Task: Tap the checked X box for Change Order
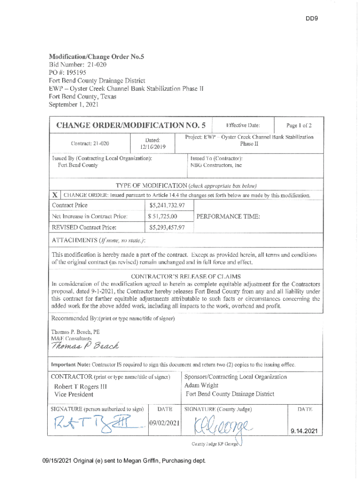pos(55,195)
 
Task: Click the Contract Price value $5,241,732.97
pos(167,205)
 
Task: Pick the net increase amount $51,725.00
pos(163,217)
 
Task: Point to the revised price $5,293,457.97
pos(167,228)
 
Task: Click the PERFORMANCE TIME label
pos(228,217)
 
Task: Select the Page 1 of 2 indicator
pos(299,125)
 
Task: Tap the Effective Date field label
pos(243,125)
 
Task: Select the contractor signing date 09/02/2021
pos(164,423)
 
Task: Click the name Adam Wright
pos(201,385)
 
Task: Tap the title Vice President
pos(74,394)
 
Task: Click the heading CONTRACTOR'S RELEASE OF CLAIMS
pos(186,276)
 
